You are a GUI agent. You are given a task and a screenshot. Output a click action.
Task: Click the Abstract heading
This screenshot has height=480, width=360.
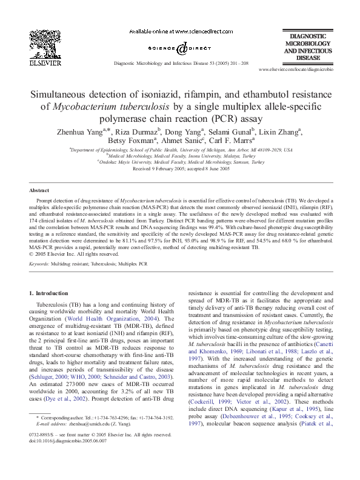click(39, 190)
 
